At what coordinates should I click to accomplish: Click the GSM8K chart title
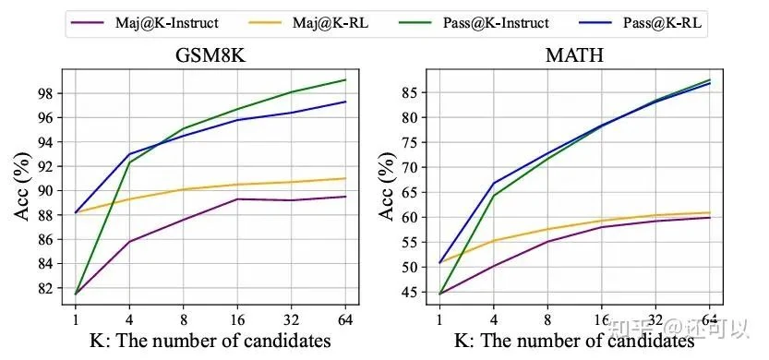pyautogui.click(x=215, y=54)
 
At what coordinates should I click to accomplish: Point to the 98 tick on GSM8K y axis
pyautogui.click(x=45, y=93)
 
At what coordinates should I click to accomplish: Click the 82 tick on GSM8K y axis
pyautogui.click(x=45, y=287)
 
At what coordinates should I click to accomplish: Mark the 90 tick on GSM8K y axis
pyautogui.click(x=45, y=190)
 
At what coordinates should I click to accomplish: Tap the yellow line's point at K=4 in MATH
pyautogui.click(x=496, y=241)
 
